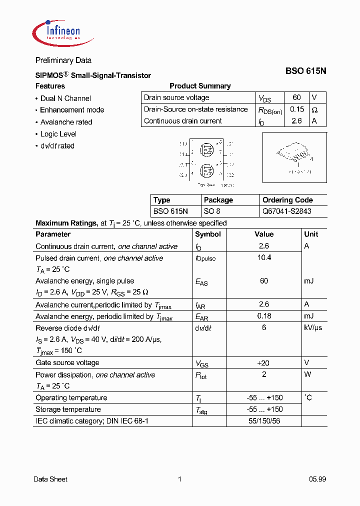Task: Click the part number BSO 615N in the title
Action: (305, 71)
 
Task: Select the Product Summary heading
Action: (200, 86)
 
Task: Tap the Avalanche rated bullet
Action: (66, 122)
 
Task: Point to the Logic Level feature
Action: (58, 134)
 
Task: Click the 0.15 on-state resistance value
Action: (297, 109)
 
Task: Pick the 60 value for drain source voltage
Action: (297, 97)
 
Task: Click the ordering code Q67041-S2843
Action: (286, 211)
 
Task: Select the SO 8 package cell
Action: (212, 211)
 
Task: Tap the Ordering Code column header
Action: (287, 200)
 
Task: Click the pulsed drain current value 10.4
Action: (264, 257)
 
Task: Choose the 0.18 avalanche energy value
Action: (264, 316)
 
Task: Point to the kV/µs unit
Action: (313, 327)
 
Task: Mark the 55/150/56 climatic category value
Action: (264, 421)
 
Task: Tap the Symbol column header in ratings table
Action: (208, 234)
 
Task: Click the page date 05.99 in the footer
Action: (317, 479)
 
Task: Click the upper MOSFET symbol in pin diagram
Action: (206, 149)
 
